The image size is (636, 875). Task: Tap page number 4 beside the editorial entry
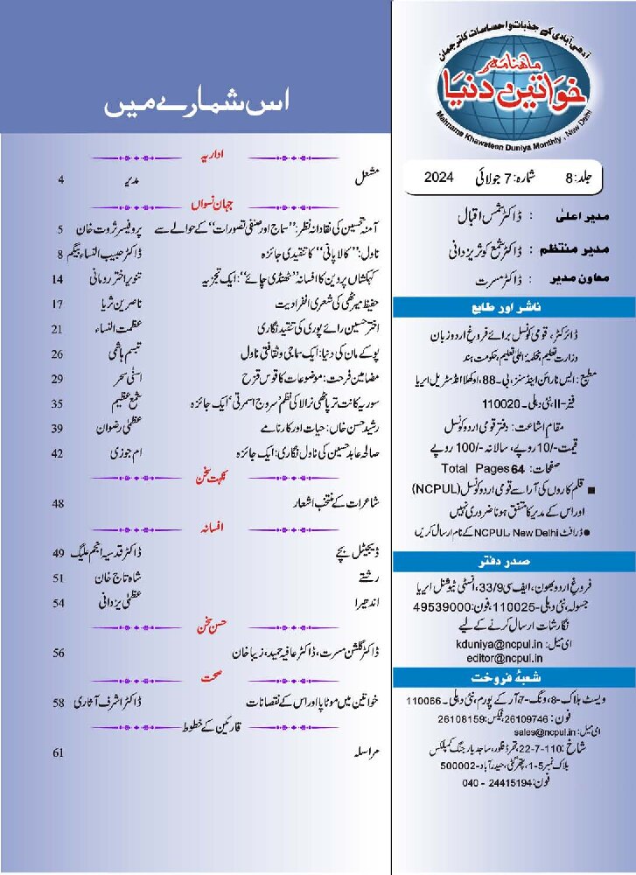[x=62, y=180]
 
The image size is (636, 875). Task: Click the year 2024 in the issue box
[x=443, y=178]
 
